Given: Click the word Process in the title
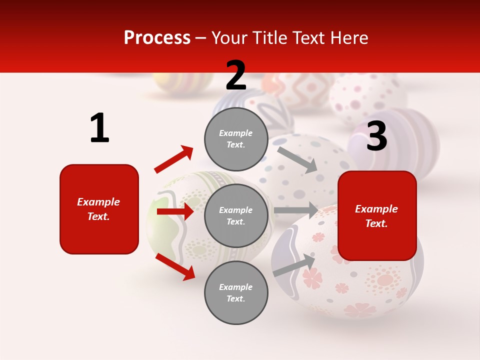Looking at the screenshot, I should [157, 38].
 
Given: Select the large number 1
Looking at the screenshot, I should [99, 128].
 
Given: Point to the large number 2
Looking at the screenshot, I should [236, 75].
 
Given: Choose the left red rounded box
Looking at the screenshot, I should [99, 209].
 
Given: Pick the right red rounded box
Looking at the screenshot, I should [377, 216].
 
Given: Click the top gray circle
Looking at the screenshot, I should [236, 139].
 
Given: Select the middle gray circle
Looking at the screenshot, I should [236, 215].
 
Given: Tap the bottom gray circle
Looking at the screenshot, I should [236, 292].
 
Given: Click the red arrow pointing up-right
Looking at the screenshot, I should [174, 159].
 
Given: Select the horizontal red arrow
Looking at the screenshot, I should [175, 211].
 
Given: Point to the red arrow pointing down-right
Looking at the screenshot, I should [175, 266].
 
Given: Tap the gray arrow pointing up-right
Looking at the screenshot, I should [294, 265].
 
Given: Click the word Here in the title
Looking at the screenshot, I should [350, 38].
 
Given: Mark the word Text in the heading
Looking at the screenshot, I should [309, 38].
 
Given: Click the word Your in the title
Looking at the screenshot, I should [228, 38].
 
